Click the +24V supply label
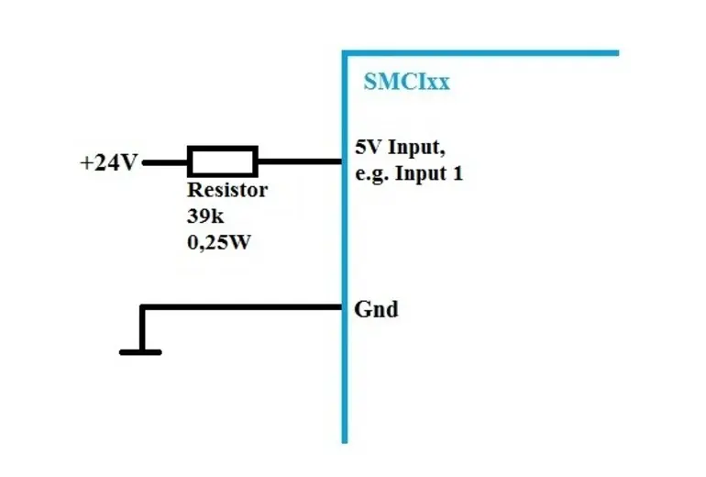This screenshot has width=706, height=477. (109, 163)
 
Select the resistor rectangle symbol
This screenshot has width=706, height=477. (223, 161)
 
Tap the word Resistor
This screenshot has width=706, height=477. (227, 191)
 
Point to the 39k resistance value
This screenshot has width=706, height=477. (205, 218)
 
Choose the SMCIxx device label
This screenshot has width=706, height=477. (406, 82)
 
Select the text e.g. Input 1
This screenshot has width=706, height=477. (409, 172)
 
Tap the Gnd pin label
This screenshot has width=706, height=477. (376, 309)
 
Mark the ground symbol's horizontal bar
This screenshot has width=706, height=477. (140, 351)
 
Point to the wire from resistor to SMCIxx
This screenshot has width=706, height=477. (299, 162)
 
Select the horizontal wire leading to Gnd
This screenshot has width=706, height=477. (243, 307)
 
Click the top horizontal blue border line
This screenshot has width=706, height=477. (481, 53)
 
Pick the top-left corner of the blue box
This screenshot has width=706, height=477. (346, 53)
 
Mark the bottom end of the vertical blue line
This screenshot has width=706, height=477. (346, 439)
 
